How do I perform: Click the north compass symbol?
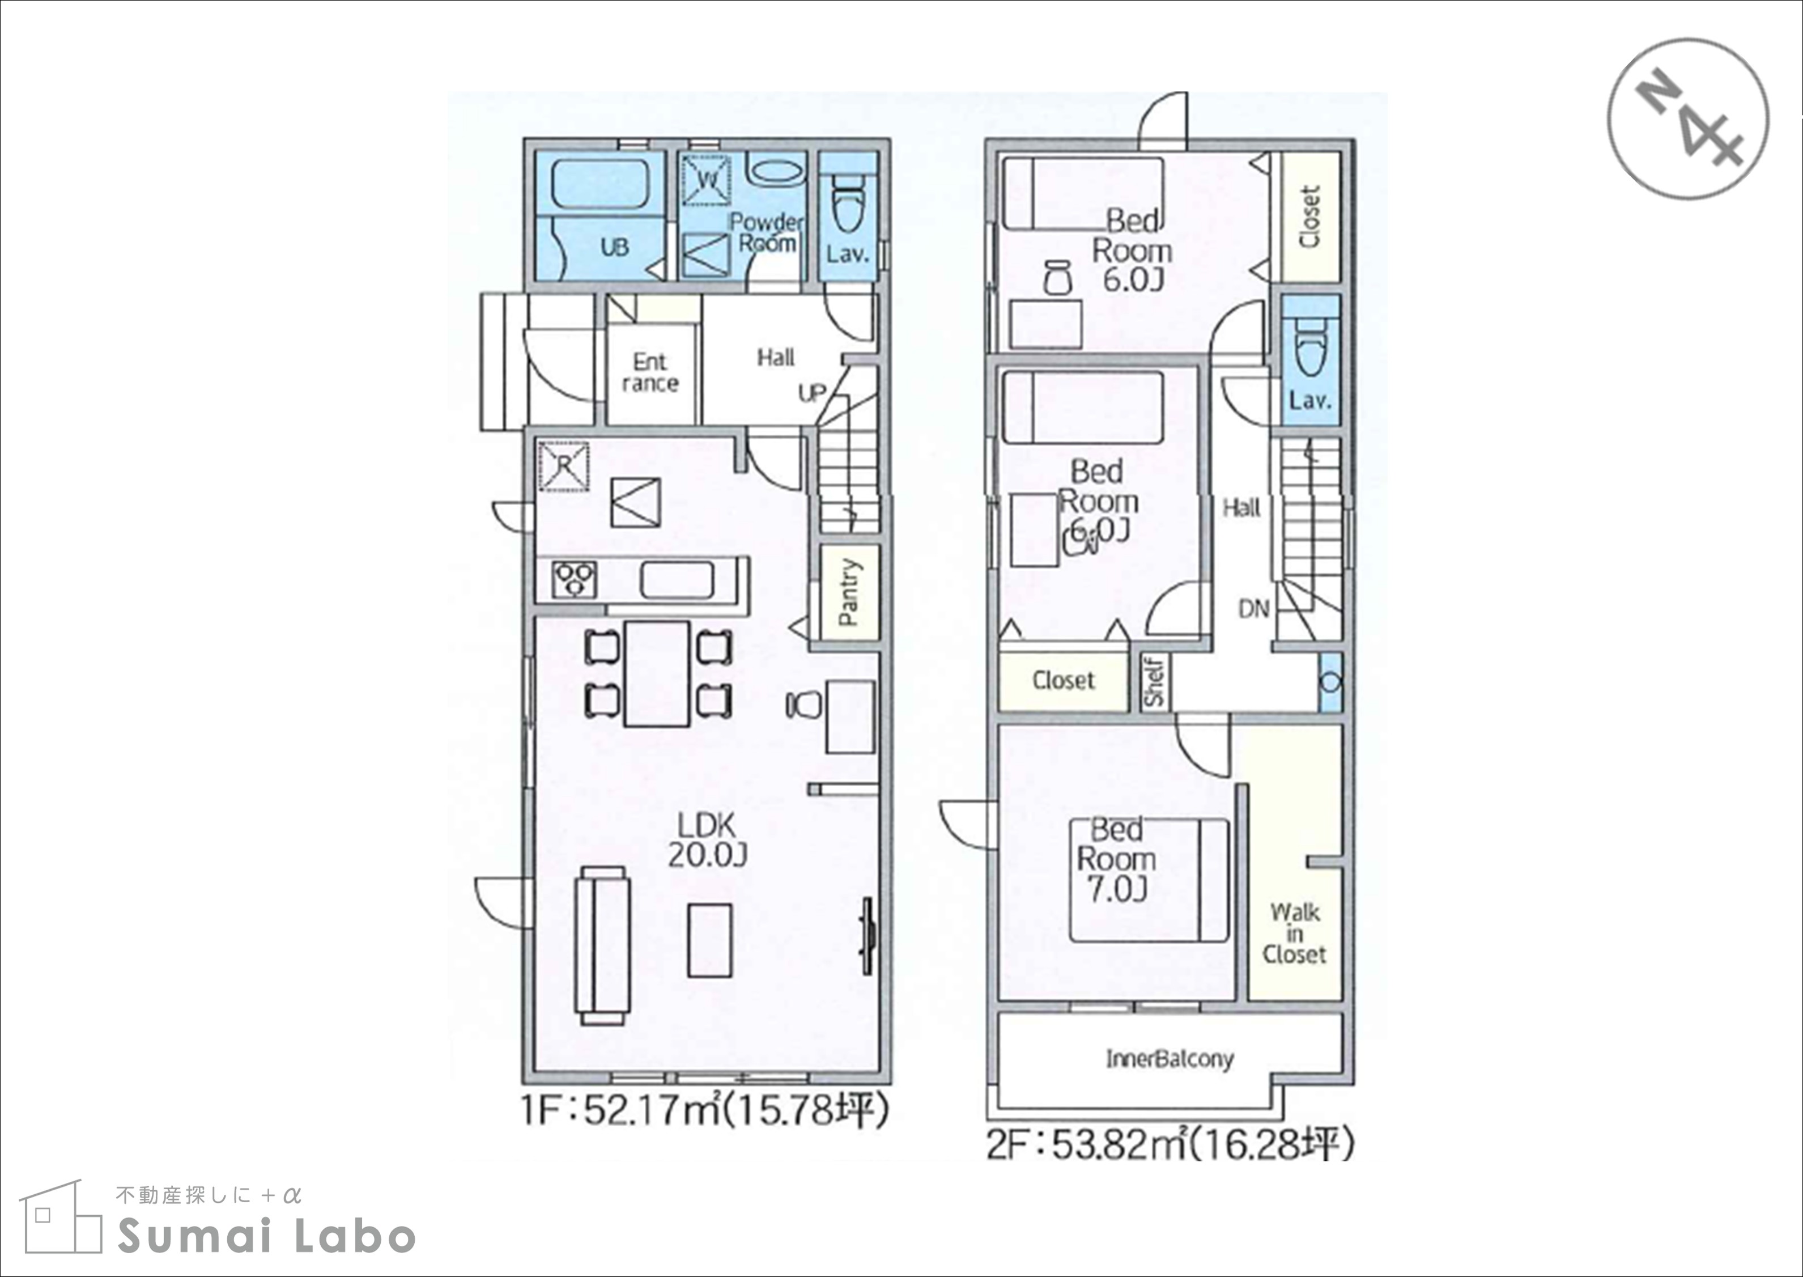(1688, 118)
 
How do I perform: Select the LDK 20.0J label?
(707, 841)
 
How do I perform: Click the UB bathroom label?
(615, 248)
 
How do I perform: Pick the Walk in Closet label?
(1294, 934)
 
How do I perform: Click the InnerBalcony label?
(1170, 1060)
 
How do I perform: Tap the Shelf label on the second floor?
(1153, 681)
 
